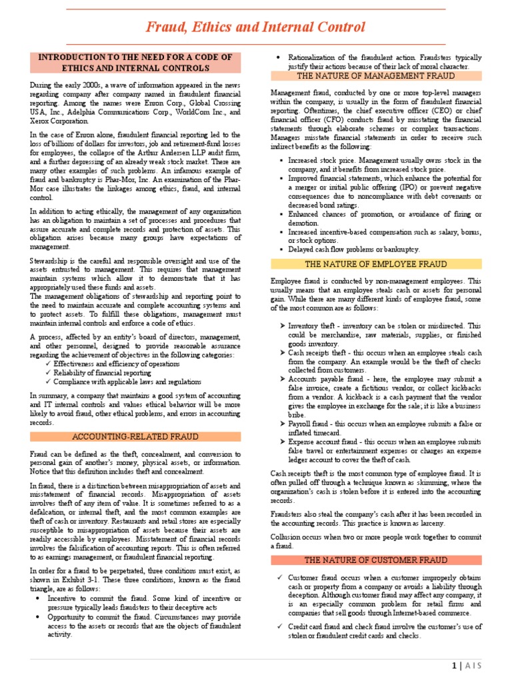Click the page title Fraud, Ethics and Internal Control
point(256,27)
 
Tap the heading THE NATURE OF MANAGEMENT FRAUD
point(376,76)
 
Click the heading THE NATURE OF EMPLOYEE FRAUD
point(376,264)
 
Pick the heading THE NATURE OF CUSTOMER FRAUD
point(376,560)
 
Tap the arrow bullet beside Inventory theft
point(283,325)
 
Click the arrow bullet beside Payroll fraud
point(283,424)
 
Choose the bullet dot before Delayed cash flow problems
point(283,249)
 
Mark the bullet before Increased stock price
point(283,161)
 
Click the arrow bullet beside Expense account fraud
point(283,442)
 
